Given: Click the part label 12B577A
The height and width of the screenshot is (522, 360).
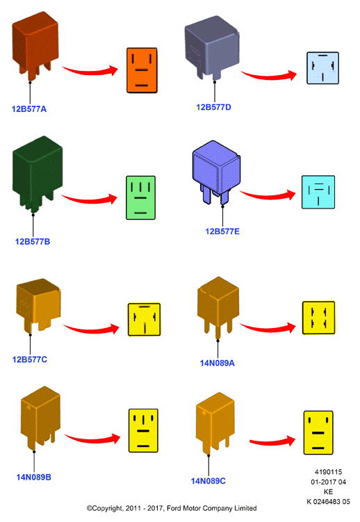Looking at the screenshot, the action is point(29,109).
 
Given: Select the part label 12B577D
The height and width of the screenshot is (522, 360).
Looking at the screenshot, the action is point(213,107).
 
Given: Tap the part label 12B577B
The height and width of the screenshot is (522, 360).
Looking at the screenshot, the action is point(33,241).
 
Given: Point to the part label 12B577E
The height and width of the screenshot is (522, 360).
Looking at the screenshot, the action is point(222,231).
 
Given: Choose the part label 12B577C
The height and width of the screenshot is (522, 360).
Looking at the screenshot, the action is point(30,359).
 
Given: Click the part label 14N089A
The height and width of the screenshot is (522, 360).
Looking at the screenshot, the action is point(218,363).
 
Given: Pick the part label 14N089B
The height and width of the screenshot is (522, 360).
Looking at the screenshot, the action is point(33,477).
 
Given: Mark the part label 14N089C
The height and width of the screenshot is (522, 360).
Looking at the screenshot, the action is point(208,481).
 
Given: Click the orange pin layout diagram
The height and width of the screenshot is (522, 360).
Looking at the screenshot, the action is point(142,70).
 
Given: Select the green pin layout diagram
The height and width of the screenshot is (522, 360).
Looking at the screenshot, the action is point(141,197).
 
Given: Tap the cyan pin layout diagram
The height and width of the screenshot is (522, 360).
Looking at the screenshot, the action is point(318,192).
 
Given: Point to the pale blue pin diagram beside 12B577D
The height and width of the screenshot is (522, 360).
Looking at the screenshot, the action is point(322,68).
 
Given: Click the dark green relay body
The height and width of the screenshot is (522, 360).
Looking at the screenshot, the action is point(37,173).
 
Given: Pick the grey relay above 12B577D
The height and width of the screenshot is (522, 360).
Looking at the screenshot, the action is point(211,47).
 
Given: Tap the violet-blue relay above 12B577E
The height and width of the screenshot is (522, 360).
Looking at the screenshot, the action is point(216,172).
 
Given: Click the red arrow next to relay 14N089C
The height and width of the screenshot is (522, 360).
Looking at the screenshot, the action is point(273,441).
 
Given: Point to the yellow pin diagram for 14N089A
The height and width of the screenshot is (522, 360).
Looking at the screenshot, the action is point(318,318).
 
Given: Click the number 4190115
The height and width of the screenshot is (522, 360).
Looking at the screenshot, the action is point(328,472).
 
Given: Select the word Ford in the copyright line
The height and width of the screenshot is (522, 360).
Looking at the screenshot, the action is point(174,508).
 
